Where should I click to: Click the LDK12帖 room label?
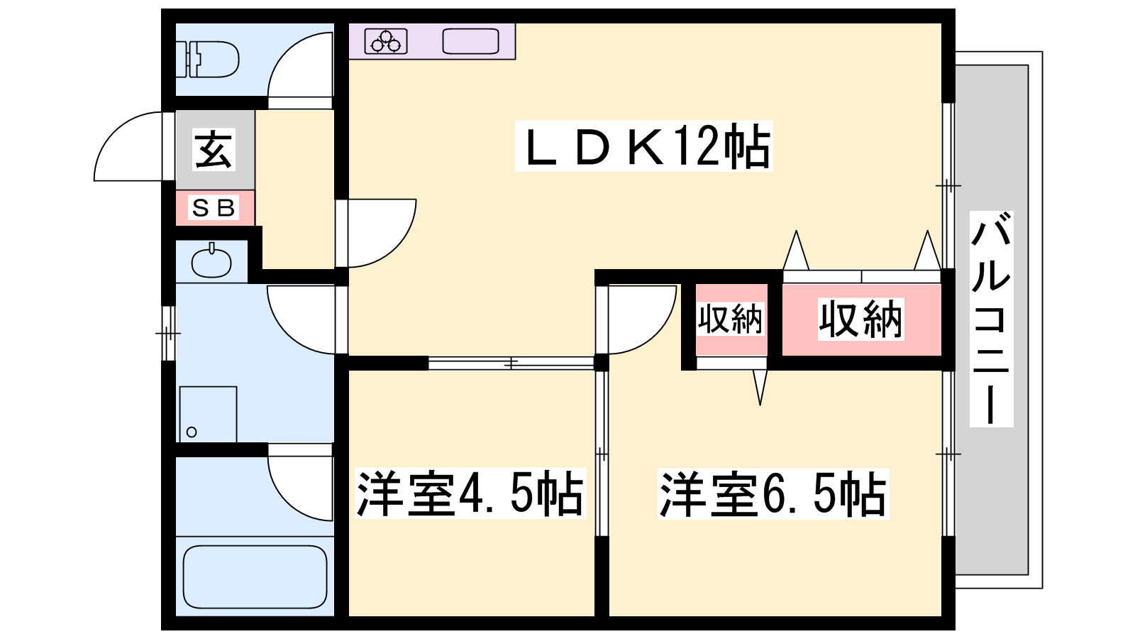click(x=643, y=147)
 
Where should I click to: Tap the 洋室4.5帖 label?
click(x=470, y=493)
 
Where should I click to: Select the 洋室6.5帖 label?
click(x=773, y=493)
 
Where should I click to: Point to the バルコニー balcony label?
click(x=990, y=319)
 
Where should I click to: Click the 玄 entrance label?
click(x=214, y=149)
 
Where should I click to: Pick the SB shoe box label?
click(x=214, y=208)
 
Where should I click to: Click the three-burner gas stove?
click(x=386, y=41)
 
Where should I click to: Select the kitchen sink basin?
click(x=470, y=41)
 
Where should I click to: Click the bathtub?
click(x=255, y=577)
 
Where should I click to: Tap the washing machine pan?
click(x=208, y=414)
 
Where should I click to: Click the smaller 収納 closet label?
click(x=730, y=319)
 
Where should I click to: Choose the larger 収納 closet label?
click(x=860, y=319)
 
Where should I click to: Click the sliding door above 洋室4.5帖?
click(x=511, y=363)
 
